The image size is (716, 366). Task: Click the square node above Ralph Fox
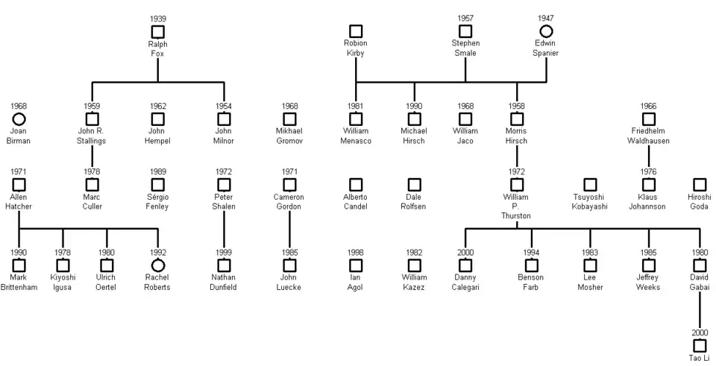(157, 31)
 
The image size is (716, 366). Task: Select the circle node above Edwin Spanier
(546, 31)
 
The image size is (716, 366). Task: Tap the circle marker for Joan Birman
(19, 119)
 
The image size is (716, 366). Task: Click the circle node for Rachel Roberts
(157, 265)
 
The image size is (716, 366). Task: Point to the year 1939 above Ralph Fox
(157, 19)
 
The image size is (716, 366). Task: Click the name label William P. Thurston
(517, 206)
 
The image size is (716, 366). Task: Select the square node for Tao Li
(699, 346)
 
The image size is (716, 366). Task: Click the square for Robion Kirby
(356, 31)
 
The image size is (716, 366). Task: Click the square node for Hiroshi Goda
(699, 184)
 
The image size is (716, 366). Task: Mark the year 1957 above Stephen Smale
(465, 19)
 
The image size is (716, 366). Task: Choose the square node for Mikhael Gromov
(289, 119)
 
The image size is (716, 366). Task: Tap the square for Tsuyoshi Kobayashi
(590, 184)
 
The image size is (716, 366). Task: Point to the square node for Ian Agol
(356, 265)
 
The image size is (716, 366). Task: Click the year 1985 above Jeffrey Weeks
(648, 253)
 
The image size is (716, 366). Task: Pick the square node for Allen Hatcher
(19, 184)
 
